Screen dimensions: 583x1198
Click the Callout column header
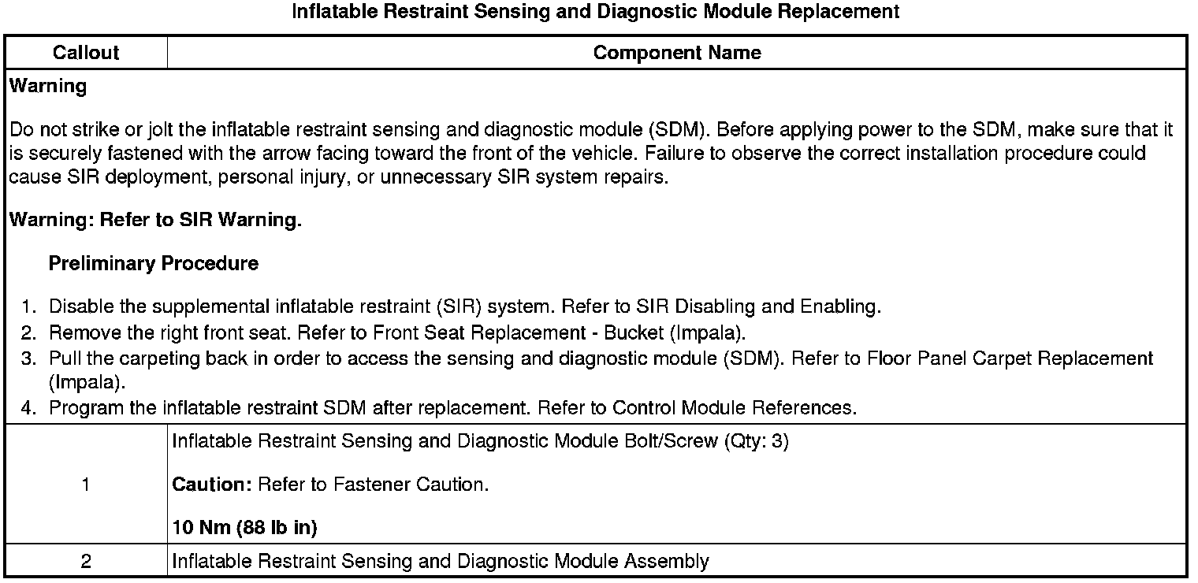pyautogui.click(x=86, y=53)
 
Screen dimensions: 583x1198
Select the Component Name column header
pyautogui.click(x=676, y=53)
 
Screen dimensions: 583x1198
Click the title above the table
pyautogui.click(x=596, y=12)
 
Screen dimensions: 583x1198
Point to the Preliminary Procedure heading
pyautogui.click(x=153, y=264)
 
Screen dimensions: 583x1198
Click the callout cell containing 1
pyautogui.click(x=86, y=485)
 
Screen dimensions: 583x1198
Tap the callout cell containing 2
pyautogui.click(x=86, y=562)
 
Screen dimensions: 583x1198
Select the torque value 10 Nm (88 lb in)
pyautogui.click(x=244, y=528)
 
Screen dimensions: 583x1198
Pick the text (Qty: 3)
pyautogui.click(x=756, y=441)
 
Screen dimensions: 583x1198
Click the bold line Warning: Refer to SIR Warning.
pyautogui.click(x=155, y=221)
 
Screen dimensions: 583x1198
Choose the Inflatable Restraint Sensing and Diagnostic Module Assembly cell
pyautogui.click(x=440, y=562)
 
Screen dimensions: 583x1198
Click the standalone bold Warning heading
pyautogui.click(x=48, y=87)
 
